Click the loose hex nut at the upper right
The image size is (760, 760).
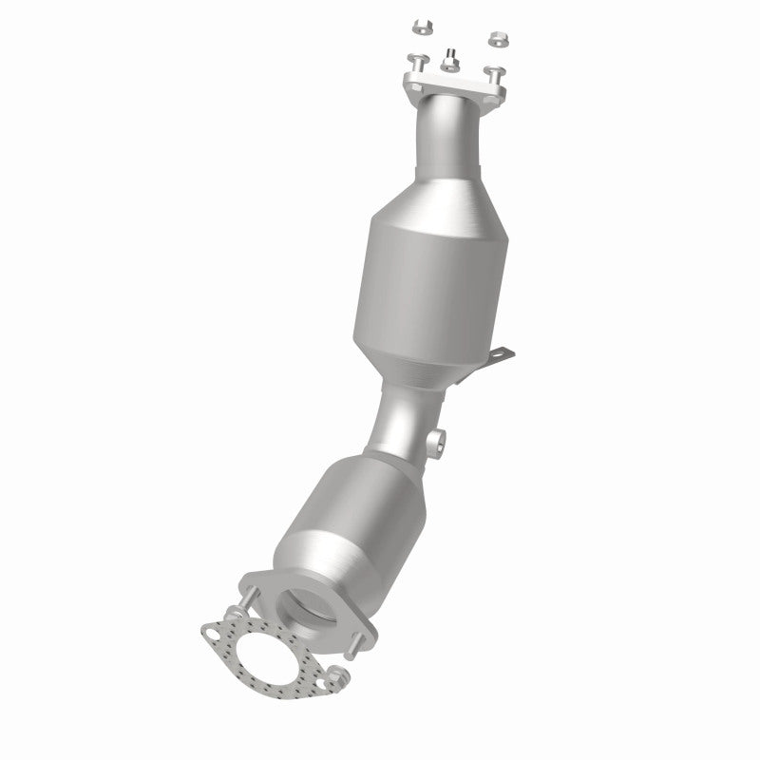(495, 37)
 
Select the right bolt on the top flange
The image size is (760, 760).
(493, 71)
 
